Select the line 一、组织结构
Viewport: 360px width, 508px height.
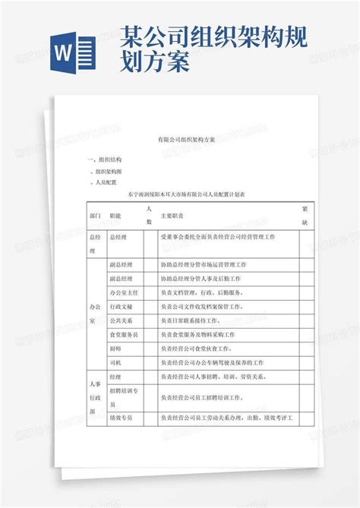tap(106, 160)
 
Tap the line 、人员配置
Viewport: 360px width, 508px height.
tap(104, 183)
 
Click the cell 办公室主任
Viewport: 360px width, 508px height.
tap(123, 292)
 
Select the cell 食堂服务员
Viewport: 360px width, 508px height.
tap(123, 334)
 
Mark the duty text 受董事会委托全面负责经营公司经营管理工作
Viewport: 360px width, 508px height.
tap(217, 238)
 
